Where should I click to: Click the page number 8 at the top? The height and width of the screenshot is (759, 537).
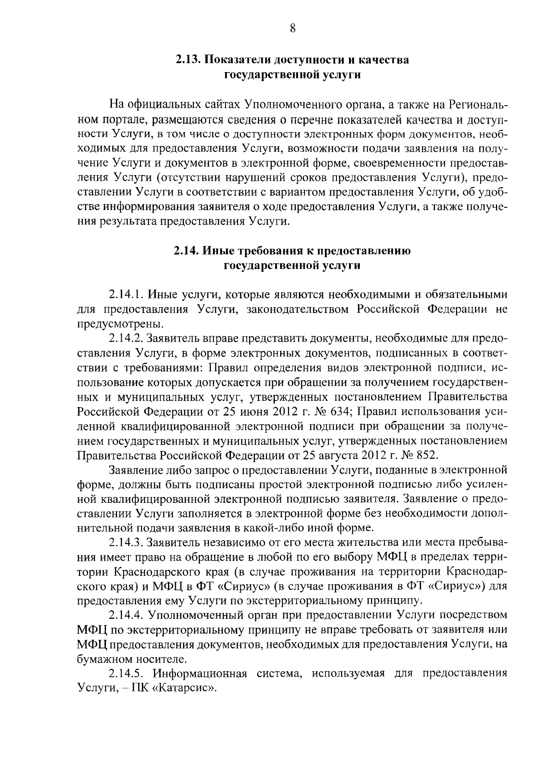click(292, 28)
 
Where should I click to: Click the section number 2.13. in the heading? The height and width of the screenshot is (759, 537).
click(188, 60)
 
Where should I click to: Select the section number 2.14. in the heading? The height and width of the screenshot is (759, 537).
click(187, 251)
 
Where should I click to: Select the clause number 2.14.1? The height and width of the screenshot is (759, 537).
click(126, 295)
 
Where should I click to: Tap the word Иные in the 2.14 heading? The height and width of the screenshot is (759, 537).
click(216, 251)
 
